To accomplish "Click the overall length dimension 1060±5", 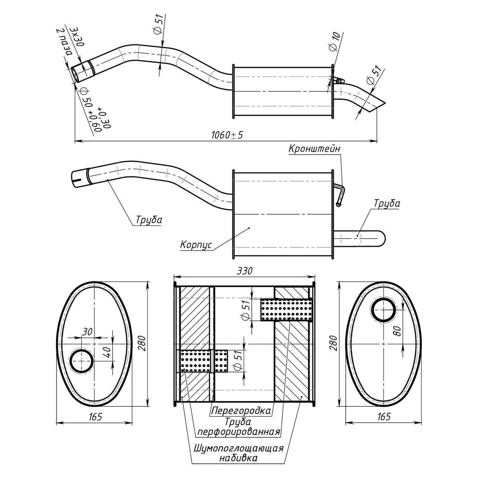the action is point(227,135).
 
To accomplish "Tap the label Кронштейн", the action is point(314,148).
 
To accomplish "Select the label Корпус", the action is point(196,245).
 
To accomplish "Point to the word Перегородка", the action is point(241,411).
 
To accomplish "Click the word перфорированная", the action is point(238,432).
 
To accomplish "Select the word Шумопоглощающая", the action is point(238,449).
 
